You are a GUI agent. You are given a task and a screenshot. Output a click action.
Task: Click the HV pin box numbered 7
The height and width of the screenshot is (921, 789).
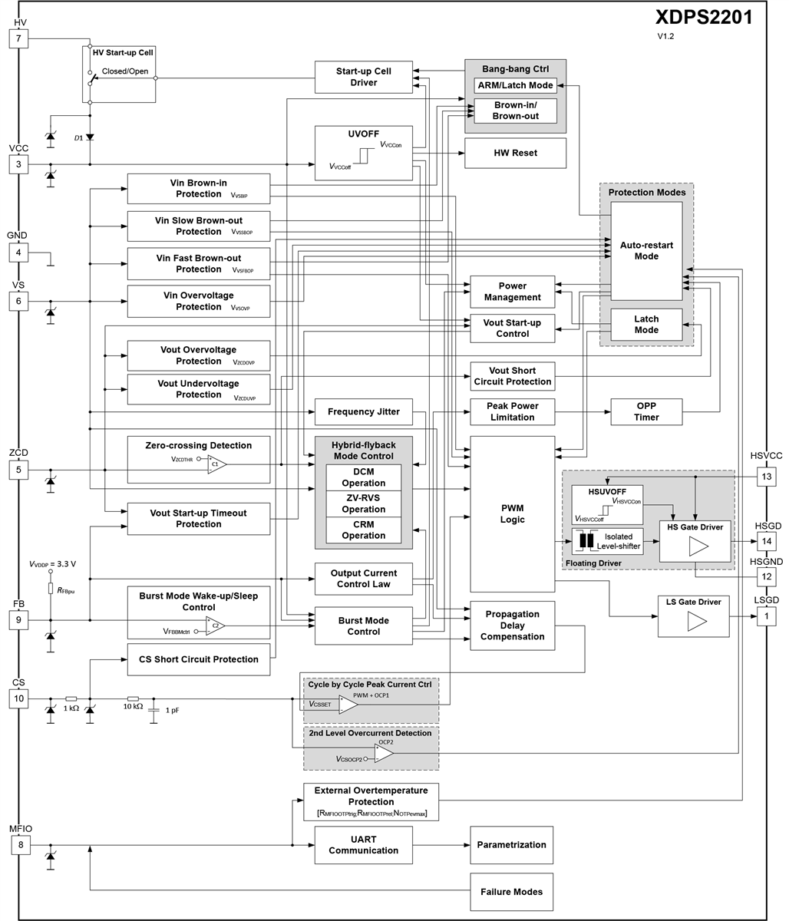20,38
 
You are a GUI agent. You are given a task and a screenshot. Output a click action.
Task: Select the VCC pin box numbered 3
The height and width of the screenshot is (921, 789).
20,164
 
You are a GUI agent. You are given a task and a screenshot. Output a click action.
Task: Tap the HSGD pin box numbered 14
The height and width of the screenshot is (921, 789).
768,541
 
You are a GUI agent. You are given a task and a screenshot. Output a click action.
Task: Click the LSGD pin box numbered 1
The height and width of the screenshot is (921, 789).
768,616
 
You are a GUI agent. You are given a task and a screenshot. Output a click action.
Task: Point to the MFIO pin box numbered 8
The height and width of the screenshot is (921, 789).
20,845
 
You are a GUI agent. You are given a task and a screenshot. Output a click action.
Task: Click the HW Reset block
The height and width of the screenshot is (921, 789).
515,153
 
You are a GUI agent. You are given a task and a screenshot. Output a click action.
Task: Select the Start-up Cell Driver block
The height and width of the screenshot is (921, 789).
363,77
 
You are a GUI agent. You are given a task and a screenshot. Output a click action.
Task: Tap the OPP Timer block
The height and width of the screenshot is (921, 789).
646,412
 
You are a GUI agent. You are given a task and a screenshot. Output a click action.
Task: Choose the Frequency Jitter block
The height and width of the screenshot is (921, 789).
363,412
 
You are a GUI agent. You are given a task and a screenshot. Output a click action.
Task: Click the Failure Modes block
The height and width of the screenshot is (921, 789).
511,892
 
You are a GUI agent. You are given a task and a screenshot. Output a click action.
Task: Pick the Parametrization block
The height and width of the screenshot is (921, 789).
511,845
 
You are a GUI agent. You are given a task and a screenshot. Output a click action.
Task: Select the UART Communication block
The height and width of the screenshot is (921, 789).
363,845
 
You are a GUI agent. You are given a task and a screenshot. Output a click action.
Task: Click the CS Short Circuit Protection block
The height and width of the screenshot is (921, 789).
198,659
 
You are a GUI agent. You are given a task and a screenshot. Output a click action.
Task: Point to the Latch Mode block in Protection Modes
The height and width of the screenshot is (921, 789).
646,325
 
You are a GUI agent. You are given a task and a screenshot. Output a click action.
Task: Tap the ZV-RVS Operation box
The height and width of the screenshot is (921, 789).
363,503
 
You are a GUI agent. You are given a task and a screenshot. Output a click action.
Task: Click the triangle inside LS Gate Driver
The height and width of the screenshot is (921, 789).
697,621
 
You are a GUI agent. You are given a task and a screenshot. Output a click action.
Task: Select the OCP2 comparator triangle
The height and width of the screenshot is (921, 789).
384,754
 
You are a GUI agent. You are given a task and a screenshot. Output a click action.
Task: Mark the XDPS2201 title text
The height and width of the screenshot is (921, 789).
704,17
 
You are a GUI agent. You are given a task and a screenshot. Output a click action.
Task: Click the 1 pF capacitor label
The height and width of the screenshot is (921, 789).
172,711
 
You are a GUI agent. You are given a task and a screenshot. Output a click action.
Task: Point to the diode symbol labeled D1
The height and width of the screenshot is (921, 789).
90,137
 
